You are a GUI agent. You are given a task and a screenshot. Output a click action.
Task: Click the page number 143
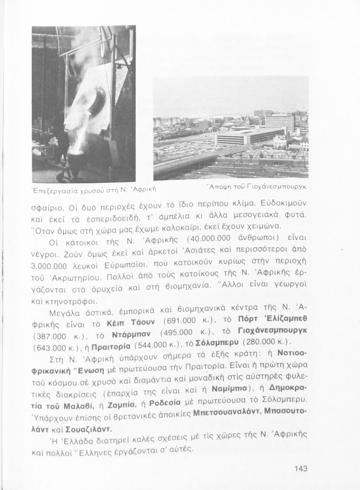(x=301, y=469)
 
